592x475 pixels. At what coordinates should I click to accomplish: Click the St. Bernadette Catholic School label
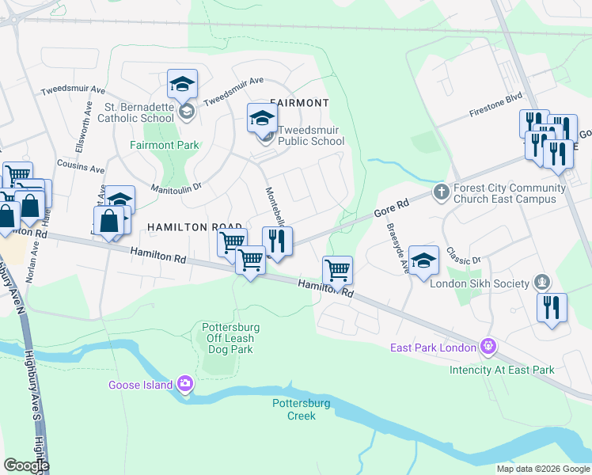click(139, 112)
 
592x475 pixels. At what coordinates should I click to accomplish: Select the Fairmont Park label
click(165, 145)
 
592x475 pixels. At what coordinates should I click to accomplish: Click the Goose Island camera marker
click(185, 384)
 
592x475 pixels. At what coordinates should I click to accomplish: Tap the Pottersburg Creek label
click(294, 409)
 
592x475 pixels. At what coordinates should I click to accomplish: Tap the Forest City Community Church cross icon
click(442, 192)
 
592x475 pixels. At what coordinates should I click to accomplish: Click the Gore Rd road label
click(391, 209)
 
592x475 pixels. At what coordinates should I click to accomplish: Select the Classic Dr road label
click(463, 255)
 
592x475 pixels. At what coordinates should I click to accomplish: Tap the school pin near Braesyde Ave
click(423, 262)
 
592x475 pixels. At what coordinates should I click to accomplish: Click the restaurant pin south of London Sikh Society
click(552, 307)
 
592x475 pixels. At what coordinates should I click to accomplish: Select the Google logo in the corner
click(25, 465)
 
